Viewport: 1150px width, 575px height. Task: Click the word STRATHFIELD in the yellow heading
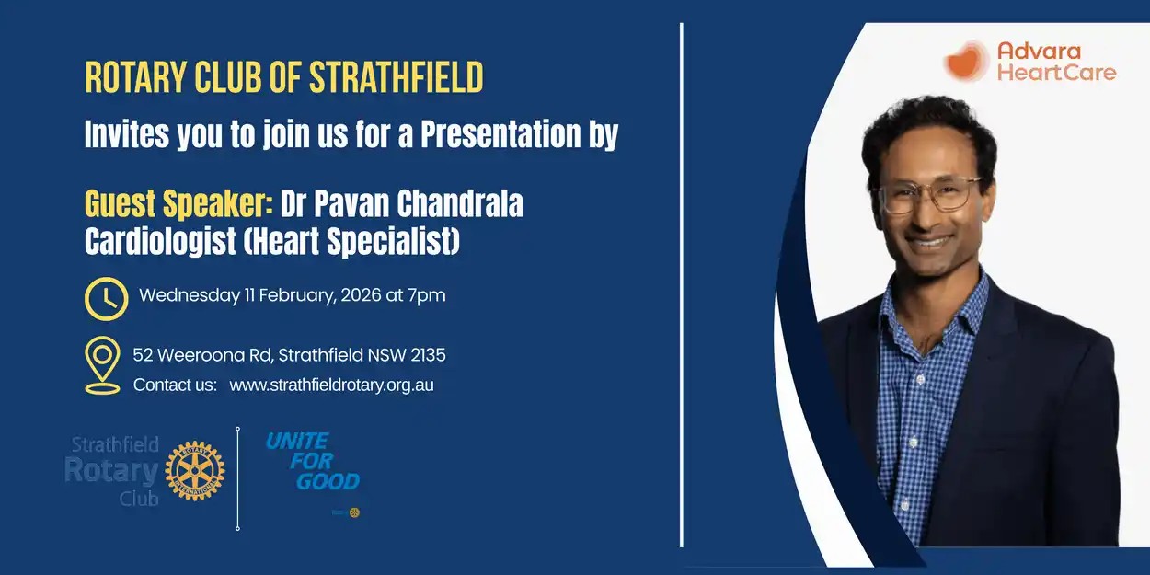pyautogui.click(x=397, y=77)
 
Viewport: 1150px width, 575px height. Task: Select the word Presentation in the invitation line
pyautogui.click(x=500, y=134)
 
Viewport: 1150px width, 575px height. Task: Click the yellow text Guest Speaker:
pyautogui.click(x=178, y=204)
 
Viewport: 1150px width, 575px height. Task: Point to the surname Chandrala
pyautogui.click(x=460, y=203)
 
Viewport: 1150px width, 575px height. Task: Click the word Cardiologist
pyautogui.click(x=160, y=241)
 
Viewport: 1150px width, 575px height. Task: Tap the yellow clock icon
pyautogui.click(x=107, y=299)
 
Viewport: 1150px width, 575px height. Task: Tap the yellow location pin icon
pyautogui.click(x=103, y=365)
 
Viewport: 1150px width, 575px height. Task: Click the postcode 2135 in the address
pyautogui.click(x=428, y=355)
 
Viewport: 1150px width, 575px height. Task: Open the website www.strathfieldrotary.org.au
pyautogui.click(x=331, y=385)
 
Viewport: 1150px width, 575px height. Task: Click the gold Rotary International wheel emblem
pyautogui.click(x=194, y=470)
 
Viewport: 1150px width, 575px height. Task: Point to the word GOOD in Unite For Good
pyautogui.click(x=328, y=482)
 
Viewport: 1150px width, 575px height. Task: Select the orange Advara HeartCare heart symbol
pyautogui.click(x=966, y=62)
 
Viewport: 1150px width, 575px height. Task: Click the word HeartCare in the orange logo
pyautogui.click(x=1056, y=73)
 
